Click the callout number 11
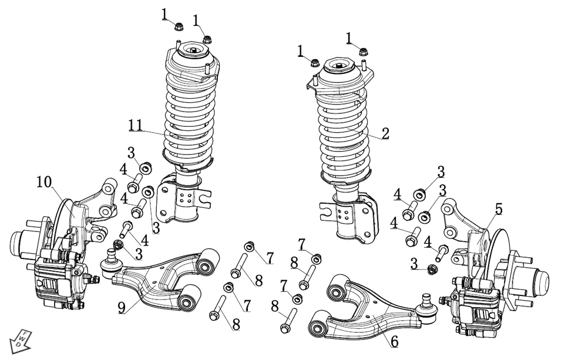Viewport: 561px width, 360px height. (x=135, y=125)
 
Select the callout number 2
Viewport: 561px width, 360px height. (x=385, y=133)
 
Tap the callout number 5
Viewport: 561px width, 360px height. (x=498, y=208)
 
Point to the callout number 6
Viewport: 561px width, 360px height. (x=394, y=340)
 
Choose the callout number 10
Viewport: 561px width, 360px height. (x=44, y=181)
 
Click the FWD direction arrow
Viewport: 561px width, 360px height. (x=19, y=341)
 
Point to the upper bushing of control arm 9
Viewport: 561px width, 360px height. (x=207, y=262)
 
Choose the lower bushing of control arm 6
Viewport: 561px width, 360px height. (x=319, y=325)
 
